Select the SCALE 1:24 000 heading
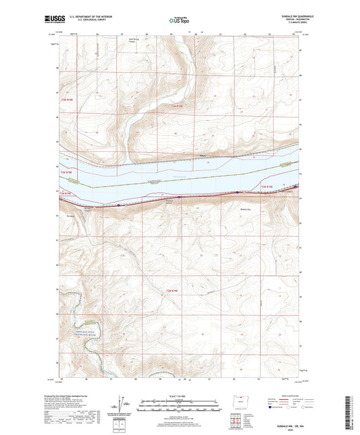coord(180,396)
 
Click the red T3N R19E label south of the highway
coord(265,187)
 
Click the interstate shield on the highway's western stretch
coord(119,205)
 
